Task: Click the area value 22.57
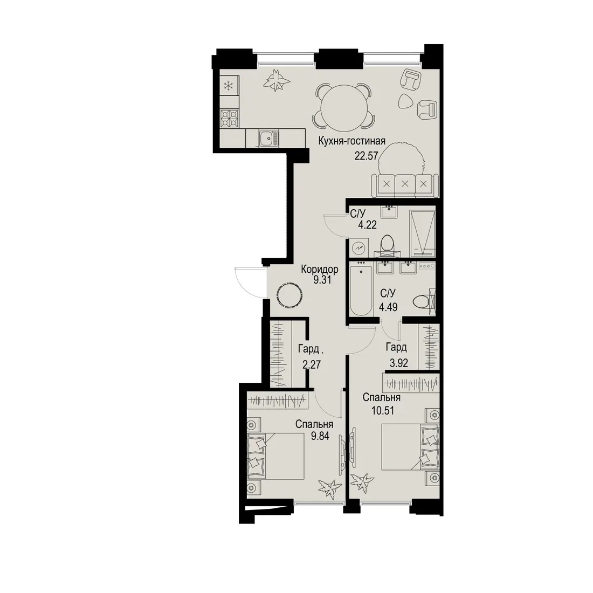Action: click(x=366, y=155)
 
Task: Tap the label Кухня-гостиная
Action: click(x=351, y=141)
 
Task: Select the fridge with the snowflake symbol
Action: click(x=229, y=85)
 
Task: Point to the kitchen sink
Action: click(x=269, y=138)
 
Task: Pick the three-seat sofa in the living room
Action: click(x=405, y=185)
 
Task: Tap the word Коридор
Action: click(x=320, y=269)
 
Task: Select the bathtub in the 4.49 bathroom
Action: click(x=361, y=291)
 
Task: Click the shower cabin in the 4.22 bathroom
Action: click(x=423, y=233)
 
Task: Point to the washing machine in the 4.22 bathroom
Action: click(x=358, y=248)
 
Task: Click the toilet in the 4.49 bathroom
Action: click(x=424, y=301)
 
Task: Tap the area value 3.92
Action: click(x=399, y=363)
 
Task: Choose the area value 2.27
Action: click(x=312, y=364)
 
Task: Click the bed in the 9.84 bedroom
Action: click(x=275, y=457)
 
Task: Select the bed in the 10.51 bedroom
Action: click(x=410, y=447)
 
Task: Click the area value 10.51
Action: click(x=383, y=410)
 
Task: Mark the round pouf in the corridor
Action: click(x=289, y=294)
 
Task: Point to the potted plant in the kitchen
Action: click(x=278, y=80)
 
